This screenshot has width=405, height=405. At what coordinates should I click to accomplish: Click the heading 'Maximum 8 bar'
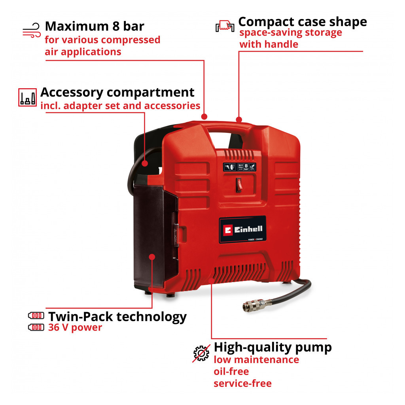[95, 26]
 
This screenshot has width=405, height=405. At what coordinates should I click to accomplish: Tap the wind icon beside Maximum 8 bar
[32, 30]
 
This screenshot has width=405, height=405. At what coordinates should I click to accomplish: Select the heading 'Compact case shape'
[303, 21]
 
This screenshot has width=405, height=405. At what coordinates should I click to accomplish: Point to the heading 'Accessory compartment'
[117, 92]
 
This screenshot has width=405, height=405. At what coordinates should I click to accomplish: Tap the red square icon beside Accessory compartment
[28, 97]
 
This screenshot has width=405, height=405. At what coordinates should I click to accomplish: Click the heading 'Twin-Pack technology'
[117, 316]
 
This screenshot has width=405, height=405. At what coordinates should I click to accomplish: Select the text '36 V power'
[75, 327]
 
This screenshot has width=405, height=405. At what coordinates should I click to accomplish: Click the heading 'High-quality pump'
[273, 347]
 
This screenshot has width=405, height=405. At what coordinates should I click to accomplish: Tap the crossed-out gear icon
[201, 353]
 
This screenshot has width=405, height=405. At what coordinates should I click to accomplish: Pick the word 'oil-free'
[231, 371]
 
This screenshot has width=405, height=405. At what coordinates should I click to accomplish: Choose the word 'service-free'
[242, 383]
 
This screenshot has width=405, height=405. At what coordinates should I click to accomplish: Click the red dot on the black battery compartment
[152, 257]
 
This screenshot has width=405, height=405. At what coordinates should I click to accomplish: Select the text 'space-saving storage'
[291, 33]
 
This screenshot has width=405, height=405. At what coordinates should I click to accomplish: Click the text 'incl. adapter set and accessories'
[120, 106]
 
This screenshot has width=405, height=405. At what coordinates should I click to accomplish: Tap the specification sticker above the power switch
[239, 167]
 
